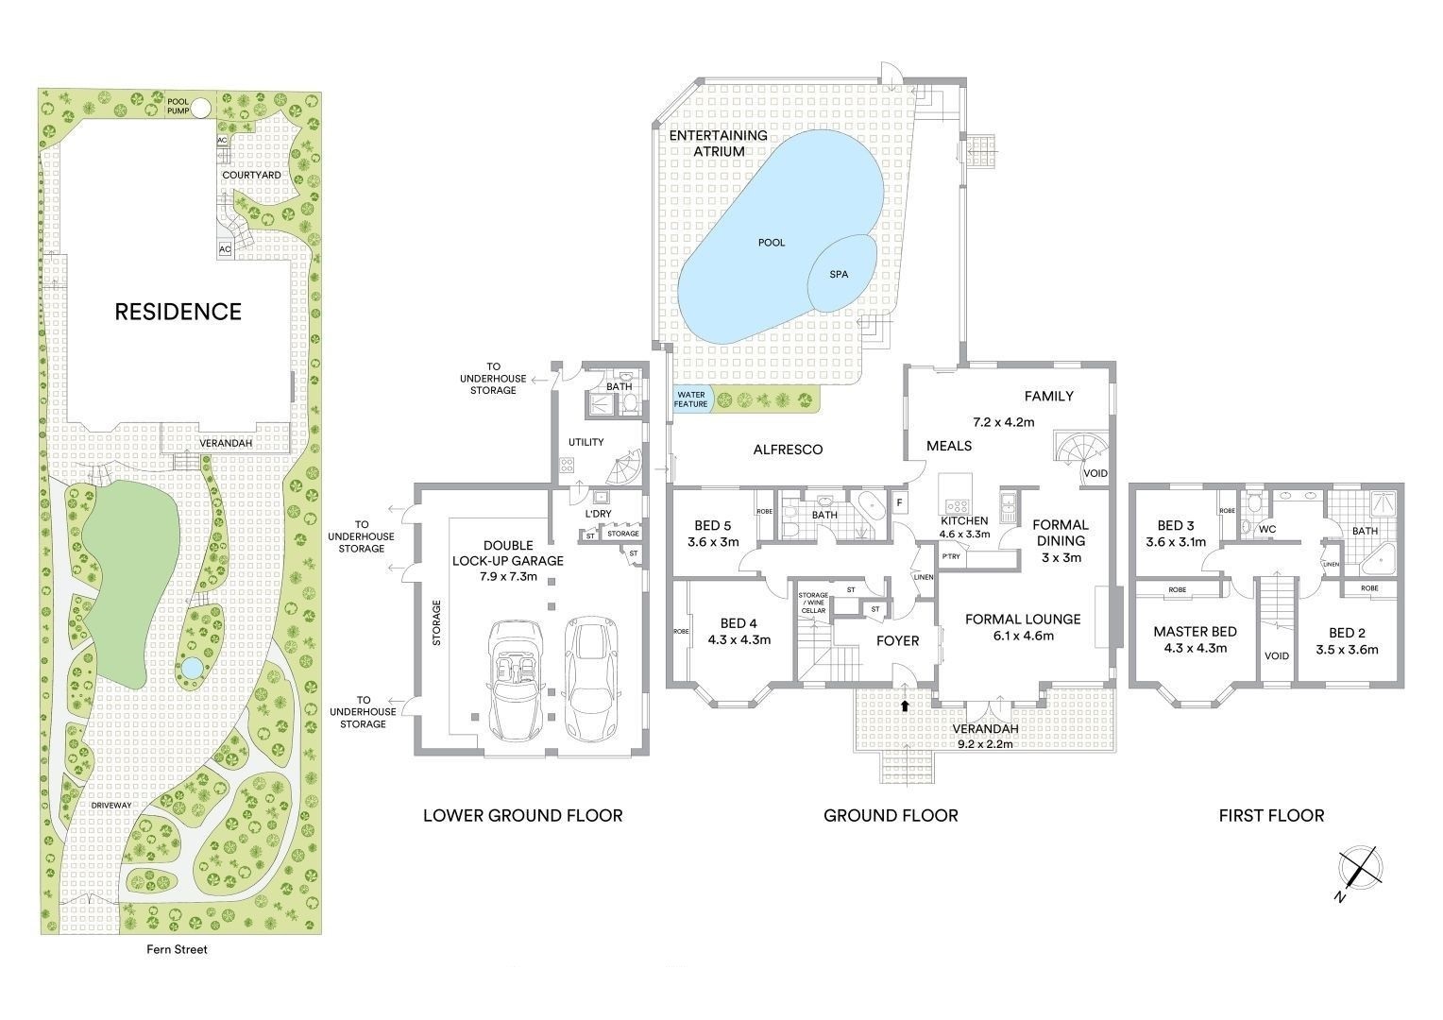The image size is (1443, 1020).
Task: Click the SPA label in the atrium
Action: tap(838, 275)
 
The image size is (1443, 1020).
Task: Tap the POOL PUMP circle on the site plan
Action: tap(201, 108)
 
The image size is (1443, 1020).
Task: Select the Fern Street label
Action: tap(177, 949)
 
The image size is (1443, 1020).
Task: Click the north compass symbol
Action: tap(1360, 872)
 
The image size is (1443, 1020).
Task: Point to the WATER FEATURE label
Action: tap(690, 399)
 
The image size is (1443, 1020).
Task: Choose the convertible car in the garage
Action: tap(516, 680)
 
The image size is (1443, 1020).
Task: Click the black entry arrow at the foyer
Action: tap(905, 705)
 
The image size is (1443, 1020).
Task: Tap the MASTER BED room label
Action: tap(1195, 632)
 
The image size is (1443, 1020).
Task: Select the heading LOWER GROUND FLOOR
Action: tap(522, 816)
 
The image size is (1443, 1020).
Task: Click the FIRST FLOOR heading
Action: tap(1272, 816)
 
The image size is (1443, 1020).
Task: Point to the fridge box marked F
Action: tap(899, 502)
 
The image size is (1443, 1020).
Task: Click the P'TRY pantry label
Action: tap(951, 556)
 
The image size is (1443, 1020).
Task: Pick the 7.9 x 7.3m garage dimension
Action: tap(508, 577)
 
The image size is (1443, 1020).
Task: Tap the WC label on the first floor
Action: tap(1267, 530)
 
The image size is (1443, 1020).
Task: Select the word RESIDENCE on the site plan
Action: tap(178, 312)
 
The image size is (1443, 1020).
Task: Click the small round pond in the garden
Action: tap(190, 669)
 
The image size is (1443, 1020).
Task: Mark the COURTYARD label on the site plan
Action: tap(251, 176)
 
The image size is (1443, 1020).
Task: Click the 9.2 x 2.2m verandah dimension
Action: tap(985, 744)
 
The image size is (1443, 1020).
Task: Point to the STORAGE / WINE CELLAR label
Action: tap(813, 603)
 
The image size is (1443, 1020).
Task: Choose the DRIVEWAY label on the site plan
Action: tap(110, 806)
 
